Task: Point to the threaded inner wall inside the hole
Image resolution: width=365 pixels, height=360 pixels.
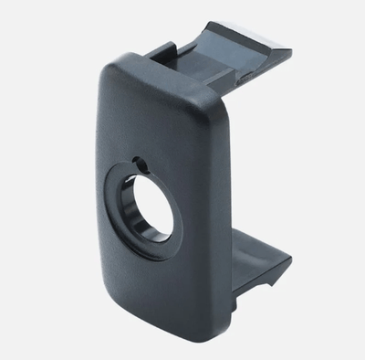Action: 166,219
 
